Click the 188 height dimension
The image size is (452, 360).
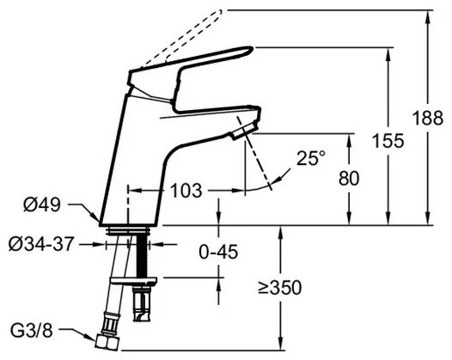point(428,118)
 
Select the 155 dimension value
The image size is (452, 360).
point(388,141)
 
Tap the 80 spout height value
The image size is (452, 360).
point(349,178)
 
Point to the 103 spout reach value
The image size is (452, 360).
point(186,191)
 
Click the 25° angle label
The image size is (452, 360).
point(311,158)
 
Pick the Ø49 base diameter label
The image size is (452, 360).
point(42,205)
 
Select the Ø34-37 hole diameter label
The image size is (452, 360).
point(40,244)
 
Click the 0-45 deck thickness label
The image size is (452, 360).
point(218,252)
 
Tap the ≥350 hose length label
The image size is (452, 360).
point(279,287)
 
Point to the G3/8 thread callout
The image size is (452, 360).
point(32,331)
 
